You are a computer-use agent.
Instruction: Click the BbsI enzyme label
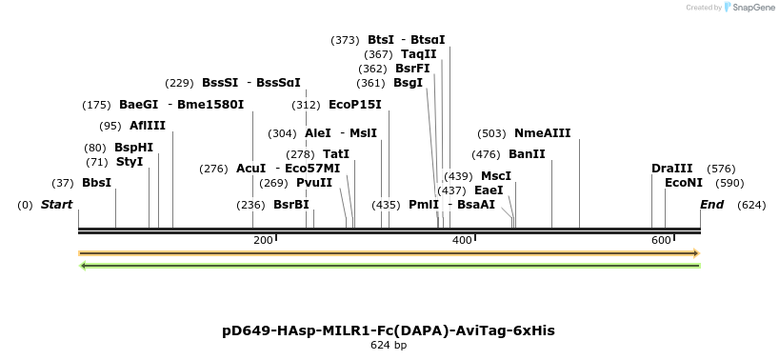pos(97,182)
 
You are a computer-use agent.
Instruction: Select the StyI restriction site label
pos(130,162)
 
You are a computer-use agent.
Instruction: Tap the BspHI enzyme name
pos(133,148)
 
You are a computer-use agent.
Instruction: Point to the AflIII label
pos(148,126)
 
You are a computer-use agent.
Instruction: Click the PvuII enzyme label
pos(314,183)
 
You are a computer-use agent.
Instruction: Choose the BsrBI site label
pos(291,205)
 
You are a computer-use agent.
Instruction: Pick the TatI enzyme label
pos(336,154)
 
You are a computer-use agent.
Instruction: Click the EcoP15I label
pos(355,105)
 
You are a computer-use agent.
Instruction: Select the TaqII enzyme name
pos(419,54)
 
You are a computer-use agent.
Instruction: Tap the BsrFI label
pos(413,69)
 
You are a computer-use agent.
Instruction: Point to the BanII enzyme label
pos(527,154)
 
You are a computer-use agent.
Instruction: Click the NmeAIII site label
pos(542,133)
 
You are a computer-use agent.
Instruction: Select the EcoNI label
pos(684,183)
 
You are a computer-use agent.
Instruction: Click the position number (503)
pos(491,133)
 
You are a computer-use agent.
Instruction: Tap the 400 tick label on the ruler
pos(462,240)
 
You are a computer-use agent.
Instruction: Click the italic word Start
pos(56,205)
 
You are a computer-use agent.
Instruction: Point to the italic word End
pos(711,205)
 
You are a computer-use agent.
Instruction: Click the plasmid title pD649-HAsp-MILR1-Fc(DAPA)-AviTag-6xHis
pos(389,330)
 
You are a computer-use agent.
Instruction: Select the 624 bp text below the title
pos(389,345)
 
